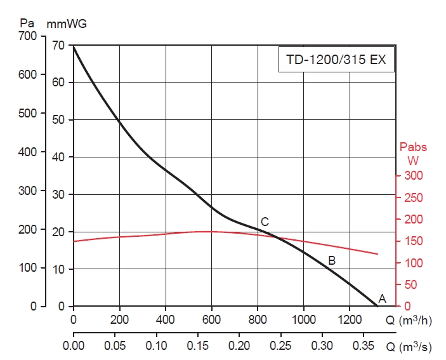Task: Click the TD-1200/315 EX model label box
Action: (336, 62)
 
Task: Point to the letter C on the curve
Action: (265, 222)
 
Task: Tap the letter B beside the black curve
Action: (331, 260)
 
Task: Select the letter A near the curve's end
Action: (382, 298)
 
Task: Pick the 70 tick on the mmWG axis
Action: (58, 45)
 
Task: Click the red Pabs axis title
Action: (413, 147)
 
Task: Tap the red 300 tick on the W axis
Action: (413, 175)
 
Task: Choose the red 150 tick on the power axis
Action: (413, 241)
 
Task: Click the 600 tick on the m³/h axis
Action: (212, 319)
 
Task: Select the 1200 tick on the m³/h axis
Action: (350, 319)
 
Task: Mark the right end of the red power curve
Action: (377, 254)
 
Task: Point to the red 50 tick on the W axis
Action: (410, 285)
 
